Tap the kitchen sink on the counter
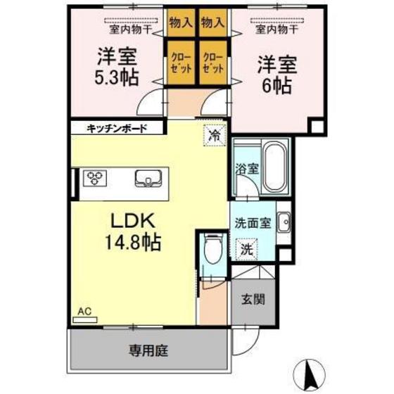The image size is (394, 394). pyautogui.click(x=147, y=179)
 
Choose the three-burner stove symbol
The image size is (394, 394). pyautogui.click(x=95, y=178)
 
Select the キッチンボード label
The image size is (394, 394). pyautogui.click(x=117, y=128)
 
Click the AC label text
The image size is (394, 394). pyautogui.click(x=84, y=310)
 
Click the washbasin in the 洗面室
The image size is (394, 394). pyautogui.click(x=283, y=224)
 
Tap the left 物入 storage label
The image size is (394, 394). pyautogui.click(x=180, y=23)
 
